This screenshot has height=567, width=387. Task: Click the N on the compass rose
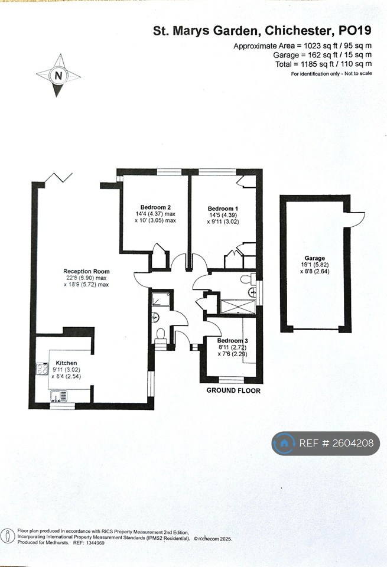tap(58, 76)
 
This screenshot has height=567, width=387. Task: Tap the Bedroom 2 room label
tap(155, 207)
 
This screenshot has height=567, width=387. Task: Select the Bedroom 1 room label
tap(223, 208)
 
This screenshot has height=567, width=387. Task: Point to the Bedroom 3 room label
tap(233, 341)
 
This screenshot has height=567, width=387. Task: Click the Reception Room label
tap(86, 271)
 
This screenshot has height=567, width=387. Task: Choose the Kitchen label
tap(66, 363)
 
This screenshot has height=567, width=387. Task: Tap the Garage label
tap(314, 258)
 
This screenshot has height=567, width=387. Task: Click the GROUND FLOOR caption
tap(233, 390)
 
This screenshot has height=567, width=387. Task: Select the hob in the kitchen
tap(42, 369)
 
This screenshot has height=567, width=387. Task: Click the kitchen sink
tap(58, 396)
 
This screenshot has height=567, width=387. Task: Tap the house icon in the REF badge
tap(284, 443)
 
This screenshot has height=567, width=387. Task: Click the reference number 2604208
tap(353, 443)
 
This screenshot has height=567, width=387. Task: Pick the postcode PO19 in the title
tap(355, 31)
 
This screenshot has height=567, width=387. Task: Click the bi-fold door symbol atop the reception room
tap(58, 178)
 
